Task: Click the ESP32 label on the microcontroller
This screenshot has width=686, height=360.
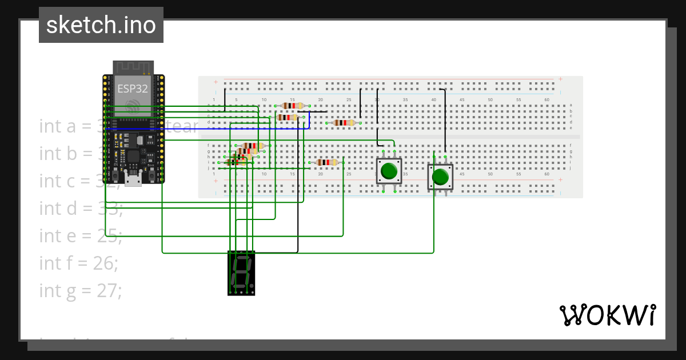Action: [x=133, y=88]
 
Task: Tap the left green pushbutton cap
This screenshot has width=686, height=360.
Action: [x=389, y=171]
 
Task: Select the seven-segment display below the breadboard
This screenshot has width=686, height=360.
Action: [x=241, y=273]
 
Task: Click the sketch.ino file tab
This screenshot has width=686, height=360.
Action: [x=101, y=25]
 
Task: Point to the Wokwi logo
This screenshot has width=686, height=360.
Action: [x=607, y=315]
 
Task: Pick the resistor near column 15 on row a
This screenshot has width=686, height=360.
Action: [x=293, y=106]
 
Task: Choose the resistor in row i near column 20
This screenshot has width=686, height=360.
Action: [x=327, y=162]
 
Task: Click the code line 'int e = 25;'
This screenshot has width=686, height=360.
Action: [x=81, y=235]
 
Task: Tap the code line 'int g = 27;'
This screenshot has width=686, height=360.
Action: [x=81, y=290]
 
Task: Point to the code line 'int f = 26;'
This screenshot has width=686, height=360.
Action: [x=79, y=263]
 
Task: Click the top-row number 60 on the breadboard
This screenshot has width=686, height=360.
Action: [x=547, y=100]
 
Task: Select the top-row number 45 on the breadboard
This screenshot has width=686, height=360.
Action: [x=462, y=100]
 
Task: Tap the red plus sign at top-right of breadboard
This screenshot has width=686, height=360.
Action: [x=561, y=79]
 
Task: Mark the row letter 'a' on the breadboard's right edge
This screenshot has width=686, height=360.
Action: [x=571, y=105]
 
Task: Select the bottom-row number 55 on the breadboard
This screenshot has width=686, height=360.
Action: [x=519, y=174]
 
